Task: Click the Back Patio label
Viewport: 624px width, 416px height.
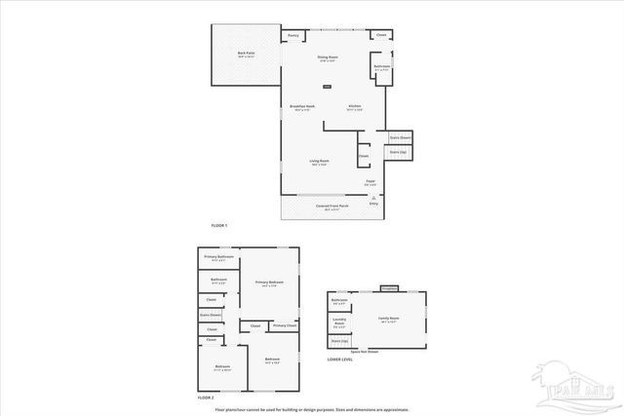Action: coord(246,54)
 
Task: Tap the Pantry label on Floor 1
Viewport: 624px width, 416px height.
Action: coord(293,35)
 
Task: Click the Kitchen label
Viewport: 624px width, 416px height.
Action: coord(355,106)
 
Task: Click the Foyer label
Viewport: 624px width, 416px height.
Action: coord(370,182)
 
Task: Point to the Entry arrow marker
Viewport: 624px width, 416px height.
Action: coord(373,196)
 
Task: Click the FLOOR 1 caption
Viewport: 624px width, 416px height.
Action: coord(219,226)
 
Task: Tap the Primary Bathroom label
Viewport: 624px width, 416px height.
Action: coord(218,257)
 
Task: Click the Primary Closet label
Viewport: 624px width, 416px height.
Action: coord(285,325)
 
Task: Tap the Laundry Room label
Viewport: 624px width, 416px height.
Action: coord(339,322)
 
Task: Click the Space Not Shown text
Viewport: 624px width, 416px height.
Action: coord(365,351)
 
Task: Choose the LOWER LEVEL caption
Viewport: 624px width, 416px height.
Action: coord(340,360)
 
